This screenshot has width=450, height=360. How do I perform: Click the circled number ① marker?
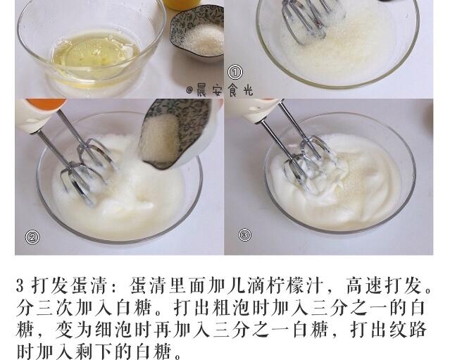[x=235, y=73]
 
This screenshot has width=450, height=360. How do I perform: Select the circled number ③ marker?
[x=244, y=235]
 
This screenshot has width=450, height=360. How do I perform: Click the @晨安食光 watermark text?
[x=219, y=90]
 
